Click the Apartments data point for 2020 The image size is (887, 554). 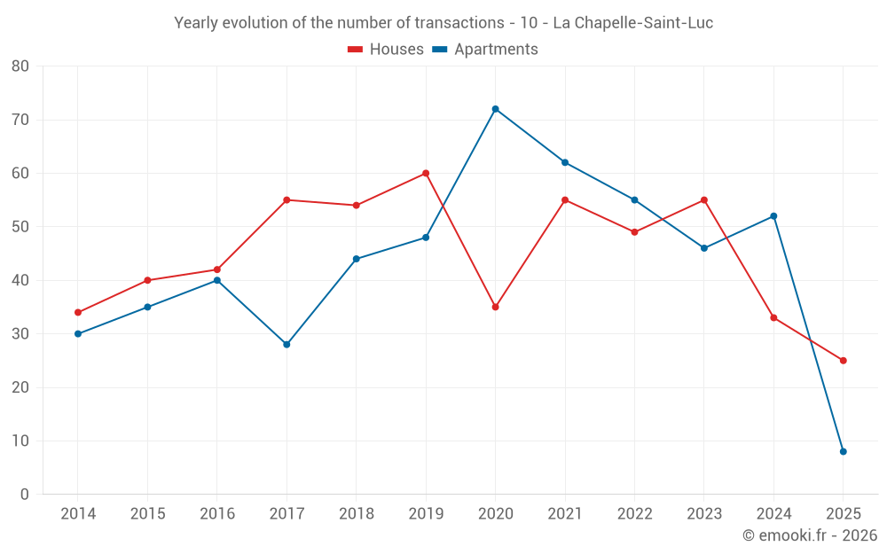point(495,109)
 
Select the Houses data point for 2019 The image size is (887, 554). point(426,173)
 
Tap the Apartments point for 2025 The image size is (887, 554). point(843,451)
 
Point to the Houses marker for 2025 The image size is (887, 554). point(843,361)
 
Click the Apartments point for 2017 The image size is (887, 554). point(287,344)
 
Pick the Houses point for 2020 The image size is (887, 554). point(495,307)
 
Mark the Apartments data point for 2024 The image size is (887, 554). point(773,216)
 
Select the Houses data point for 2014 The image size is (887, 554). point(78,312)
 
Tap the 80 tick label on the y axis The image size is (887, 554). point(20,66)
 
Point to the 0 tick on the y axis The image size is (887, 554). point(25,494)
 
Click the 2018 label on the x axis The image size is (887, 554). point(356,514)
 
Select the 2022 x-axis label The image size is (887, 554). point(634,514)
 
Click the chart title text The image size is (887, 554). point(443,23)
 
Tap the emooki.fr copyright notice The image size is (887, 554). point(809,535)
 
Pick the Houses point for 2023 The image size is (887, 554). point(703,200)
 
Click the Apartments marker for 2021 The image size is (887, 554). point(565,162)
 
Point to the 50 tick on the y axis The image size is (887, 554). point(20,227)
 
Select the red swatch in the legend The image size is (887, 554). point(355,50)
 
